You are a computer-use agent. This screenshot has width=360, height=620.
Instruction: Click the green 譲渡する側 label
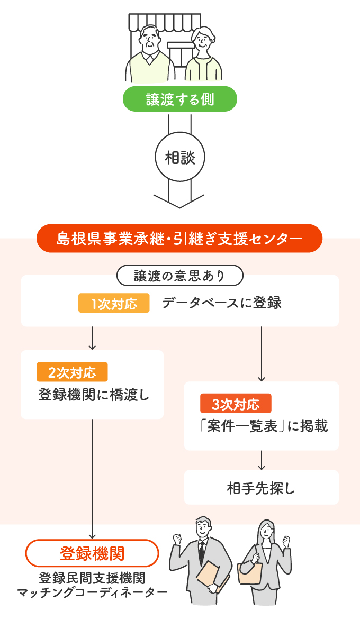[179, 99]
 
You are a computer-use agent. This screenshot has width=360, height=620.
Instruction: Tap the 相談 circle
[179, 158]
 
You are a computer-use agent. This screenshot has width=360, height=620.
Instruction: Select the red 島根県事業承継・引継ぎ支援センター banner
[179, 239]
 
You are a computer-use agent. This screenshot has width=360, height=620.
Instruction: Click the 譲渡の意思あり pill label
[179, 276]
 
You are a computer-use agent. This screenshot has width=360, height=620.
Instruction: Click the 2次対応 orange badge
[72, 372]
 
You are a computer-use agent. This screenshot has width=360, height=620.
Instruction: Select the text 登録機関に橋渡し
[93, 395]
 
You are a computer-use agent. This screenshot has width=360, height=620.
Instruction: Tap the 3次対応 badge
[236, 404]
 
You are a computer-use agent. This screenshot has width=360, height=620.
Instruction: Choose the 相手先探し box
[261, 488]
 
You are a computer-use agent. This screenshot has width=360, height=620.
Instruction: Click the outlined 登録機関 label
[92, 553]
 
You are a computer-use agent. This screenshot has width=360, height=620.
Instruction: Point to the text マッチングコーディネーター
[92, 591]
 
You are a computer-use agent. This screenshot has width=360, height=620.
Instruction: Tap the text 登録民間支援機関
[92, 578]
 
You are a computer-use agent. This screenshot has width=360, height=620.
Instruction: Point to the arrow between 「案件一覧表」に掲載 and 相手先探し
[261, 460]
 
